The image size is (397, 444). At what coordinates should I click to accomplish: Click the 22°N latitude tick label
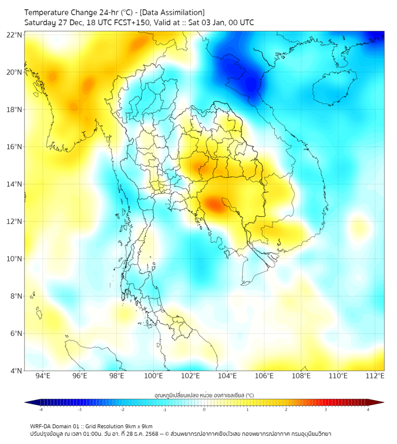click(15, 35)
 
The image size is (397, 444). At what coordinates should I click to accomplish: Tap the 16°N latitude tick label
click(15, 147)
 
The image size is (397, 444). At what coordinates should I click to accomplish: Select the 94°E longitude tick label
click(43, 376)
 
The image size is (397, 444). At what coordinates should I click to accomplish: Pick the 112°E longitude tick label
click(375, 376)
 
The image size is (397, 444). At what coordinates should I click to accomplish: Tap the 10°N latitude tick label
click(15, 259)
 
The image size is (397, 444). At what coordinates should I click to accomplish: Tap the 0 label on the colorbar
click(204, 409)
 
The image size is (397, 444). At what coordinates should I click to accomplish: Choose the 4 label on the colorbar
click(368, 409)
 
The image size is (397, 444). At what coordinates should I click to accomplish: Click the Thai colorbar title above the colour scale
click(204, 395)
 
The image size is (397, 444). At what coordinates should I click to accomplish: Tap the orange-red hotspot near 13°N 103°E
click(213, 204)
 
